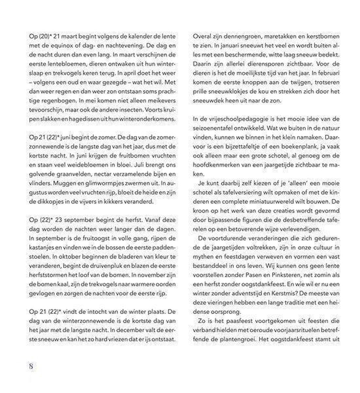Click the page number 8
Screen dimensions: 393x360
tap(31, 366)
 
